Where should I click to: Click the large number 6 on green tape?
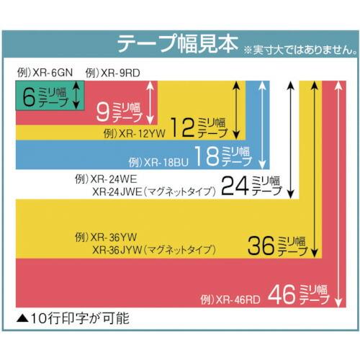(30, 96)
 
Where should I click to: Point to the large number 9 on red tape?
(102, 111)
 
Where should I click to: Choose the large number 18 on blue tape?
(208, 155)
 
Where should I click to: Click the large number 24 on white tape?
(234, 186)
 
